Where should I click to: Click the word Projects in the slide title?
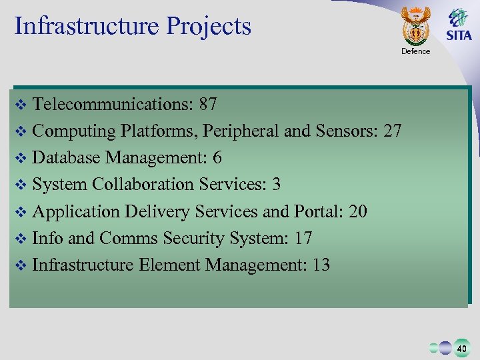(209, 26)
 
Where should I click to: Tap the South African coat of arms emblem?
(416, 25)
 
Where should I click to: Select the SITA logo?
(459, 25)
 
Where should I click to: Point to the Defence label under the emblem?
(416, 51)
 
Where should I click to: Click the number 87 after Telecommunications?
(207, 105)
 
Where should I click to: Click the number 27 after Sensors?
(392, 131)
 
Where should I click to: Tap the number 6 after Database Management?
(217, 158)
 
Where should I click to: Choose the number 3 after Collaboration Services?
(276, 185)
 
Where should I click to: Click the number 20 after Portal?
(357, 211)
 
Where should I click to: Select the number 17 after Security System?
(303, 238)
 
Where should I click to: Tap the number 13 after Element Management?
(321, 265)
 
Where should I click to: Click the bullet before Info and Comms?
(20, 239)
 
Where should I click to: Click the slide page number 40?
(461, 347)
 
